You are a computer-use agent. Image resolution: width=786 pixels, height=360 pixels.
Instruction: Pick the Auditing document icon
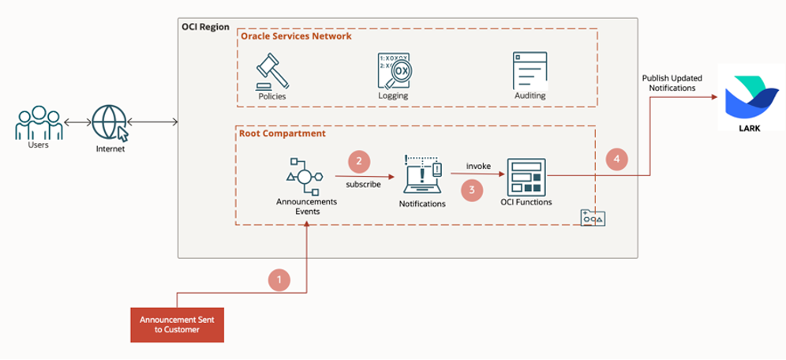[x=529, y=71]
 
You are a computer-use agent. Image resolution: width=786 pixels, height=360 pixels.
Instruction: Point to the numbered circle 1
[x=279, y=279]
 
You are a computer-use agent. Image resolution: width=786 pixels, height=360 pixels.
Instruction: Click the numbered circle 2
[x=359, y=162]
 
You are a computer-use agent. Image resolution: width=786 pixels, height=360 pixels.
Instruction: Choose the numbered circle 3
[x=472, y=189]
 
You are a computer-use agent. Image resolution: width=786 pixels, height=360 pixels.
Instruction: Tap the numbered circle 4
[x=617, y=159]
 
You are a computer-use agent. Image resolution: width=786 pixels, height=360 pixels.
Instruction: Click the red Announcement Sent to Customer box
[x=177, y=324]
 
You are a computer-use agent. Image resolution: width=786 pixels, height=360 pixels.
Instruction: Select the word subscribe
[x=363, y=184]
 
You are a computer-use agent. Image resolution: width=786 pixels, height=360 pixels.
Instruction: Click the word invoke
[x=478, y=167]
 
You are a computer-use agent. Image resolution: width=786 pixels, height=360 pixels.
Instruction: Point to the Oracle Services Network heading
[x=296, y=36]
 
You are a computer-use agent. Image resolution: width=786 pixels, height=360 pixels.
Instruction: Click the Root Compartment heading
[x=282, y=133]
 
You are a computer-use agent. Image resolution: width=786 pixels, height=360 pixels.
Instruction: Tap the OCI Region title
[x=205, y=27]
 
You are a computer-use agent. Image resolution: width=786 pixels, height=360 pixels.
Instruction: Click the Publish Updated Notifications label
[x=668, y=83]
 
